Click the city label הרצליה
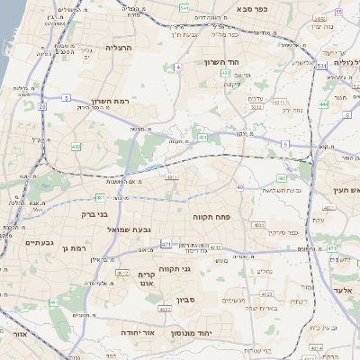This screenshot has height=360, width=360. [118, 48]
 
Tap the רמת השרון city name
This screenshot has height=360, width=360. [112, 102]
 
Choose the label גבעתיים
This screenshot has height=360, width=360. [41, 242]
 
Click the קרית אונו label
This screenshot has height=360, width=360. [146, 277]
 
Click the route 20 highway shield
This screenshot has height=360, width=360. [41, 106]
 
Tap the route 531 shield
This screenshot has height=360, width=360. [321, 66]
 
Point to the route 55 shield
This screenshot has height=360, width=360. [337, 12]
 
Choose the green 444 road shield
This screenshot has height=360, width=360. [323, 104]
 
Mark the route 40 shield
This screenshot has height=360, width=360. [239, 186]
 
